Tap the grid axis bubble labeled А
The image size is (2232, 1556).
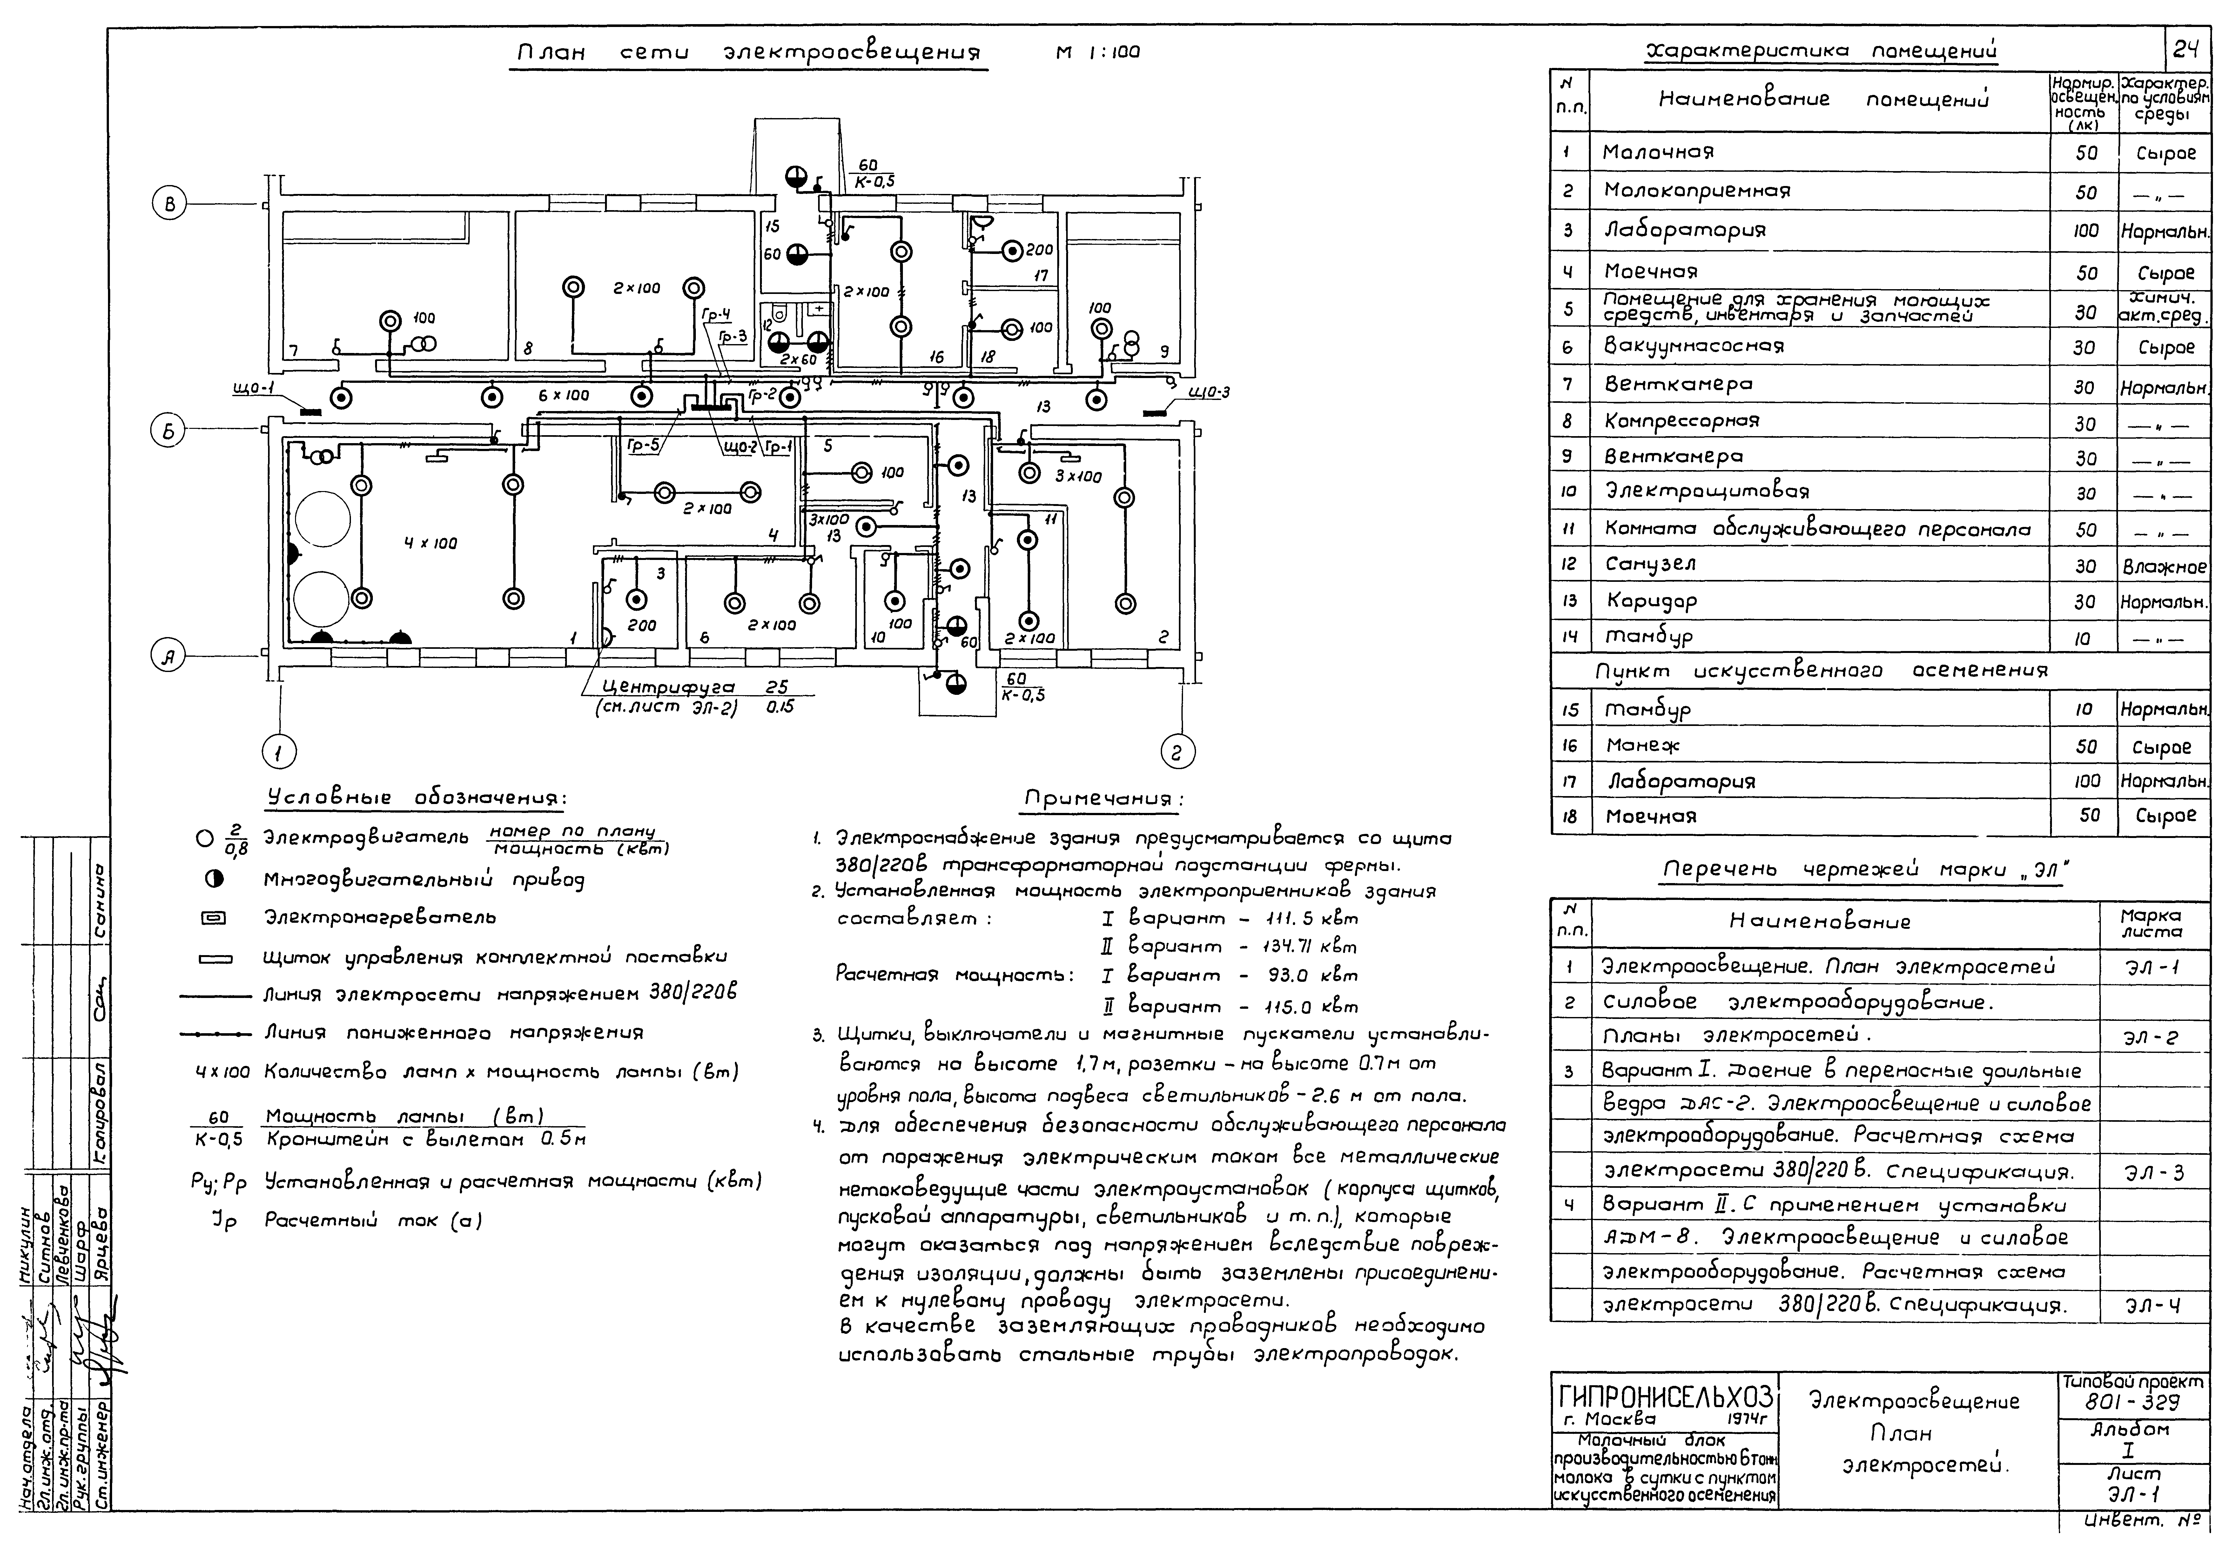click(168, 658)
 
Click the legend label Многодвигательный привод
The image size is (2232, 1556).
click(424, 880)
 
